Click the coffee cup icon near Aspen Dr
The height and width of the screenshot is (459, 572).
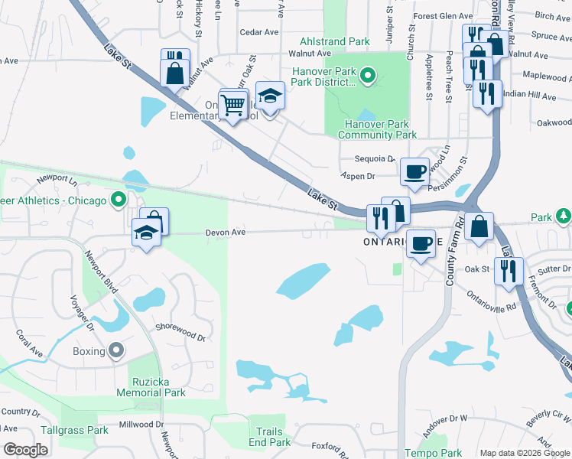click(x=414, y=171)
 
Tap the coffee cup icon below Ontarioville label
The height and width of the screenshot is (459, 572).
click(x=420, y=244)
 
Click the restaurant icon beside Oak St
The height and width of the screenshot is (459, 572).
click(x=508, y=270)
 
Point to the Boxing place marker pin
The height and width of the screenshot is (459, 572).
click(x=116, y=351)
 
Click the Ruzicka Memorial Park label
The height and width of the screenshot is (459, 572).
click(x=151, y=386)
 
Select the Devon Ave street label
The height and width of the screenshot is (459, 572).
click(x=225, y=232)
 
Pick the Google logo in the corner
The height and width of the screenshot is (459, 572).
click(x=25, y=450)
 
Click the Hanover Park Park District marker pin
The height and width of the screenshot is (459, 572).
click(x=367, y=75)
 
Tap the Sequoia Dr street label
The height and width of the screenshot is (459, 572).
click(x=374, y=159)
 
